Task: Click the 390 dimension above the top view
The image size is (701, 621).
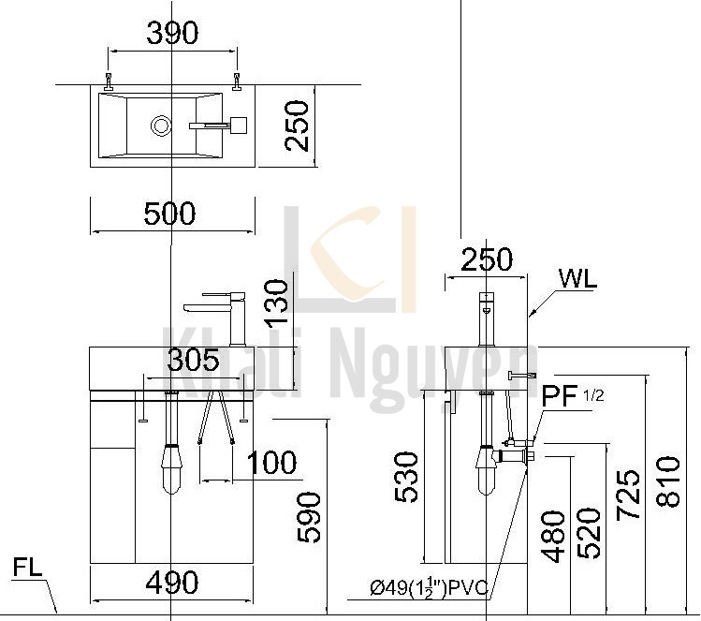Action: pos(173,34)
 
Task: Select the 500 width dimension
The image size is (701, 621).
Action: pos(170,214)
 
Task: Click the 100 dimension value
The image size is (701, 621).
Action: pos(271,463)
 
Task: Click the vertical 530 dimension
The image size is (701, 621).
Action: pos(406,477)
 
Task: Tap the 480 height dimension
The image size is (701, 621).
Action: pos(553,537)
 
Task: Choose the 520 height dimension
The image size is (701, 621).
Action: pos(589,533)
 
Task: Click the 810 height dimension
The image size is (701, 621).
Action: pos(666,481)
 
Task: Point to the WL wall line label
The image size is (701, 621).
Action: pos(577,278)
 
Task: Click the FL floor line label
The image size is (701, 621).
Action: pos(28,569)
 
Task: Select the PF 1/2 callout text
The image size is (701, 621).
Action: pos(573,396)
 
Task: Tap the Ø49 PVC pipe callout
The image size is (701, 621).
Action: pos(431,588)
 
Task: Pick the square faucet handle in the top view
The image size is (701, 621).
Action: pos(238,124)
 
